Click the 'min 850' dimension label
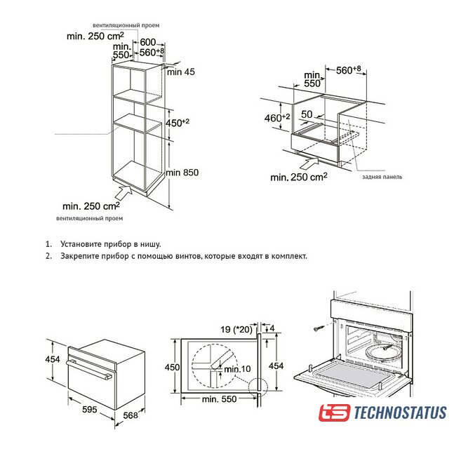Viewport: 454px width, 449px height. coord(182,173)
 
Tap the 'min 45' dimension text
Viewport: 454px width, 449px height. coord(180,72)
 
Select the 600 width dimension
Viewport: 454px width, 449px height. coord(148,42)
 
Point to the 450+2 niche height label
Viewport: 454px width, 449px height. coord(178,123)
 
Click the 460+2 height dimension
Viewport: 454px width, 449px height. coord(277,118)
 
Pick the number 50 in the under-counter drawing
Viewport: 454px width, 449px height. coord(307,114)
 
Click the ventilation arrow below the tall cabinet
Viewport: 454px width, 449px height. coord(124,192)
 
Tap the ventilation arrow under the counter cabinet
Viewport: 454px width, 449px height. coord(309,163)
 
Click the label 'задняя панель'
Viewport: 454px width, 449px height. coord(382,177)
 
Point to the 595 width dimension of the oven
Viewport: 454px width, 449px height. coord(90,409)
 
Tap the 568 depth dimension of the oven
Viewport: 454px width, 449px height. coord(131,415)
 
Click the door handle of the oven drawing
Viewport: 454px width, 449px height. coord(89,370)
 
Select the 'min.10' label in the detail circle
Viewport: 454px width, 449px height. coord(237,369)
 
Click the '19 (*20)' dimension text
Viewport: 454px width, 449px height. coord(236,330)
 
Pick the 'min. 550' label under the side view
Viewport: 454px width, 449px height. coord(219,399)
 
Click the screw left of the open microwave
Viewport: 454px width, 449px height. coord(319,328)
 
